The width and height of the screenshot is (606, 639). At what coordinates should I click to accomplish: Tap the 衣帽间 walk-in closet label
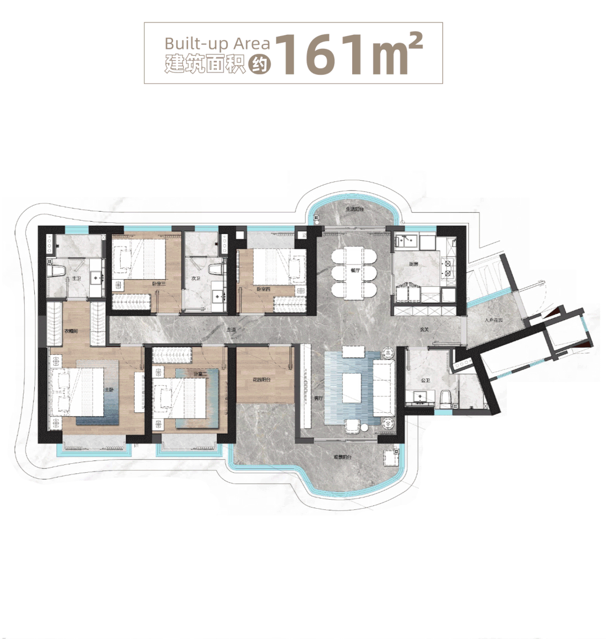pyautogui.click(x=71, y=331)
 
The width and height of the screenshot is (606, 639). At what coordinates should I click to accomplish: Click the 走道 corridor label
pyautogui.click(x=230, y=330)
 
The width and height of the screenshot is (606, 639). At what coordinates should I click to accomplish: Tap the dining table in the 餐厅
pyautogui.click(x=354, y=272)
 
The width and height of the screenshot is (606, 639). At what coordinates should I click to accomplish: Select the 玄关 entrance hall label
pyautogui.click(x=424, y=330)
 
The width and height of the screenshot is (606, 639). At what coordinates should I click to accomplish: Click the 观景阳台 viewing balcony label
pyautogui.click(x=342, y=457)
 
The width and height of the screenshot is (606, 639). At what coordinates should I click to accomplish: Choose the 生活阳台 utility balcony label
pyautogui.click(x=356, y=209)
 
